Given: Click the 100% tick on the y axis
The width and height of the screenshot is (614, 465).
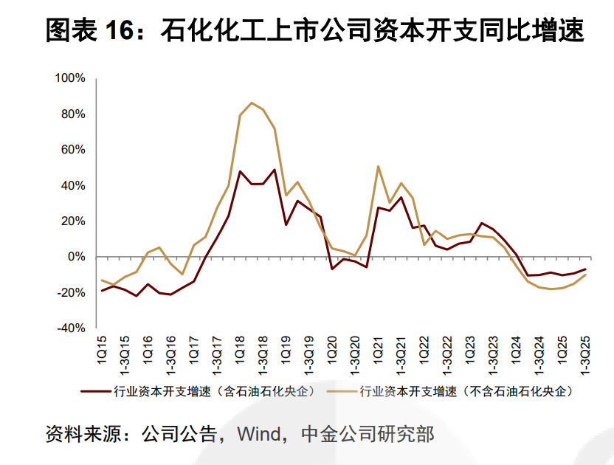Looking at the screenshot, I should pos(71,78).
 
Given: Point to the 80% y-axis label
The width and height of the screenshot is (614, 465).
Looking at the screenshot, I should pos(74,114).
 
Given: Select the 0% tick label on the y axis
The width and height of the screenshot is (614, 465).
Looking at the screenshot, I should pos(77,257).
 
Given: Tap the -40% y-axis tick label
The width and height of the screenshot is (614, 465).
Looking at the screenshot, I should pos(72,328).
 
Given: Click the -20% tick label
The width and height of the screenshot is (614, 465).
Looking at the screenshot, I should pos(72,293).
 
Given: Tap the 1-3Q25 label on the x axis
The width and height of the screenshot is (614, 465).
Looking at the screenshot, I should pos(585,355).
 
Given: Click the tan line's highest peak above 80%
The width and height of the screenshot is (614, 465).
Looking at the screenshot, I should pos(252,103).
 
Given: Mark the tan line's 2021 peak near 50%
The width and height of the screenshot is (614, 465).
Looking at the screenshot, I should pos(378,166).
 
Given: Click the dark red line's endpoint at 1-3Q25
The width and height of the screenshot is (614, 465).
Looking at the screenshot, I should pos(585,269).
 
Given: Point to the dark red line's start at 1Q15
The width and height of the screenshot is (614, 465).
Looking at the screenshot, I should pos(102,291).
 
